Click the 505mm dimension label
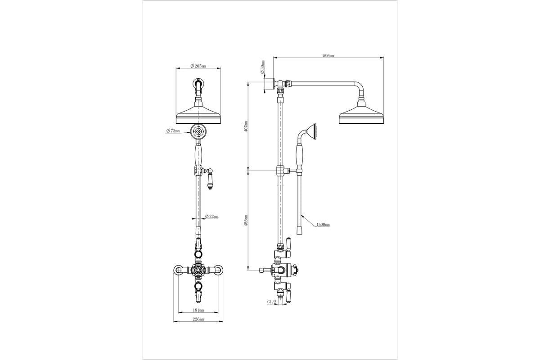coord(328,55)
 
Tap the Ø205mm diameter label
coord(198,66)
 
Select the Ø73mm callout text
coord(173,131)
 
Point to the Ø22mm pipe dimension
coord(211,216)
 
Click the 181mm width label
coord(198,310)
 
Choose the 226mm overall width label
coord(198,319)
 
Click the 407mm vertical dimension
coord(246,126)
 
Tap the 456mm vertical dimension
coord(246,220)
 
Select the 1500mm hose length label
coord(323,225)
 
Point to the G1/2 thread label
coord(271,301)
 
